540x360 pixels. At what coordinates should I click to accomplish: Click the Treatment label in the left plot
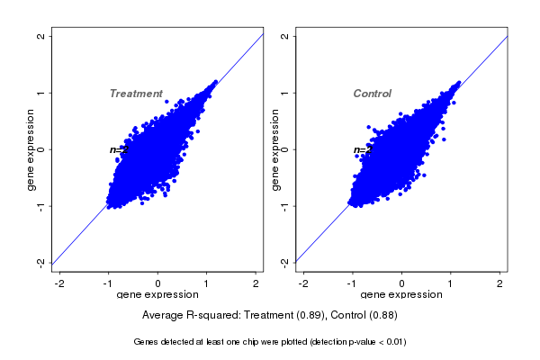[x=136, y=94]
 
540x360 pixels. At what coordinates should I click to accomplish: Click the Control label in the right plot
[x=372, y=94]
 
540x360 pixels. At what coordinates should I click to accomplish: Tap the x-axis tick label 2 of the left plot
[x=256, y=284]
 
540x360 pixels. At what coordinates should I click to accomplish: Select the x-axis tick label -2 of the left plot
[x=59, y=284]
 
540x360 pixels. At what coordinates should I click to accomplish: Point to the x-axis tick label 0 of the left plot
[x=157, y=284]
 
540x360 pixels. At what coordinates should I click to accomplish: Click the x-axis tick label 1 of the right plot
[x=450, y=284]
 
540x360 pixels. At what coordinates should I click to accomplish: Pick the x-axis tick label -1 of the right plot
[x=351, y=284]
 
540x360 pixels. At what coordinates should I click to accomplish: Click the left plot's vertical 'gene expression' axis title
[x=31, y=149]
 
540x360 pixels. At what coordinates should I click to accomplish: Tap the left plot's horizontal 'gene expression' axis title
[x=157, y=295]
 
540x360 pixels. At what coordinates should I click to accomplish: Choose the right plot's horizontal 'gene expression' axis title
[x=401, y=295]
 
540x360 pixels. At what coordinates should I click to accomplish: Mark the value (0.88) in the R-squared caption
[x=383, y=316]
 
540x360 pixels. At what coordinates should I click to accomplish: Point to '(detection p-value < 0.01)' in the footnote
[x=349, y=342]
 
